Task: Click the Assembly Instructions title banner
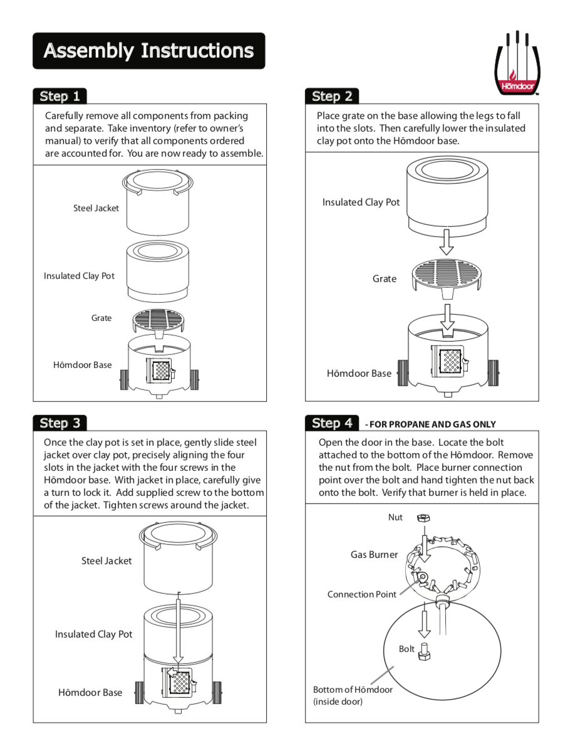[x=148, y=51]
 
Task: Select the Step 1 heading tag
[x=59, y=96]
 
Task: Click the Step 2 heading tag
[x=332, y=96]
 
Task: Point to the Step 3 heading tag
[x=59, y=423]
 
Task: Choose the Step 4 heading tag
[x=332, y=423]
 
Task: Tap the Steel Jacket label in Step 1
[x=96, y=208]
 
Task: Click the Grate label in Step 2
[x=384, y=279]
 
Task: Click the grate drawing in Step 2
[x=446, y=273]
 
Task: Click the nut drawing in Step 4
[x=423, y=519]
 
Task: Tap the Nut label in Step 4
[x=395, y=518]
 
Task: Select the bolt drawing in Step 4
[x=424, y=653]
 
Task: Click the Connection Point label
[x=361, y=594]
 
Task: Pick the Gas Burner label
[x=374, y=554]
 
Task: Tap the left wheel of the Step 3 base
[x=139, y=692]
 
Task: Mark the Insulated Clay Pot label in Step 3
[x=94, y=635]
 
